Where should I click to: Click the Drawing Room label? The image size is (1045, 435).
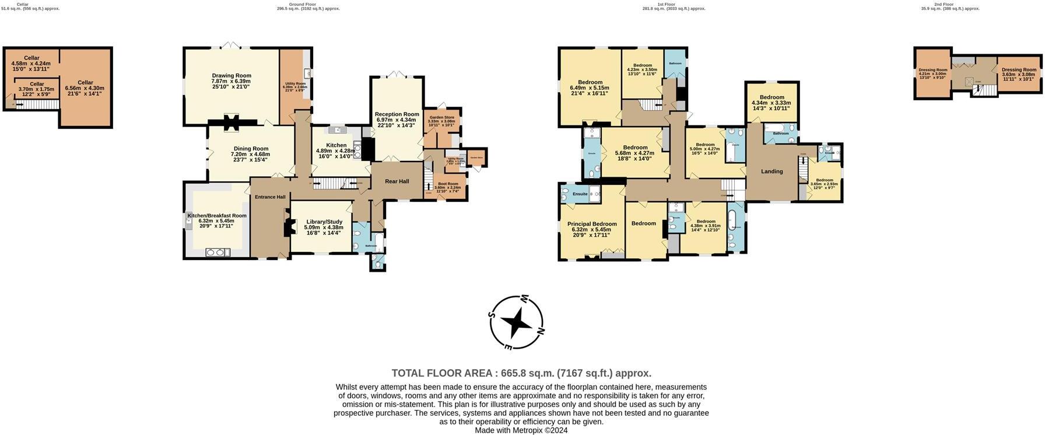[x=232, y=75]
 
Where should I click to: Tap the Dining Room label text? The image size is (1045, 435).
[x=251, y=149]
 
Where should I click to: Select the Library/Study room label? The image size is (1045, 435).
[x=324, y=222]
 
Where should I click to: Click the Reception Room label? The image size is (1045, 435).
[x=397, y=114]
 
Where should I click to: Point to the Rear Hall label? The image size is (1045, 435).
[x=397, y=181]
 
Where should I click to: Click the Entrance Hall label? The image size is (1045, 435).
[x=270, y=197]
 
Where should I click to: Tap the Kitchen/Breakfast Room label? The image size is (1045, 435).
[x=217, y=216]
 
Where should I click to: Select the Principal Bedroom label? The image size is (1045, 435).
[x=592, y=224]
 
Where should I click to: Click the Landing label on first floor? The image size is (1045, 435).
[x=772, y=171]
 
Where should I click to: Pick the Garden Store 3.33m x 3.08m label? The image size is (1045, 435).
[x=441, y=118]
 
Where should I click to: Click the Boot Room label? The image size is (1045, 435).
[x=448, y=184]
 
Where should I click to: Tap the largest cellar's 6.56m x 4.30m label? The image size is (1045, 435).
[x=85, y=83]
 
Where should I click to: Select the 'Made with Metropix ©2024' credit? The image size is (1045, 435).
[x=521, y=430]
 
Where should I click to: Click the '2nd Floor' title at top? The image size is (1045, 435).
[x=944, y=4]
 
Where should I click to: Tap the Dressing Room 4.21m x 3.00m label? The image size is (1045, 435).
[x=932, y=70]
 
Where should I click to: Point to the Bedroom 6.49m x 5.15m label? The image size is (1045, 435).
[x=590, y=82]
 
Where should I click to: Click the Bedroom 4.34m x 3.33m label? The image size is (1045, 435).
[x=771, y=97]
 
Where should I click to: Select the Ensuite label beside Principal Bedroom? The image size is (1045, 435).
[x=580, y=194]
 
